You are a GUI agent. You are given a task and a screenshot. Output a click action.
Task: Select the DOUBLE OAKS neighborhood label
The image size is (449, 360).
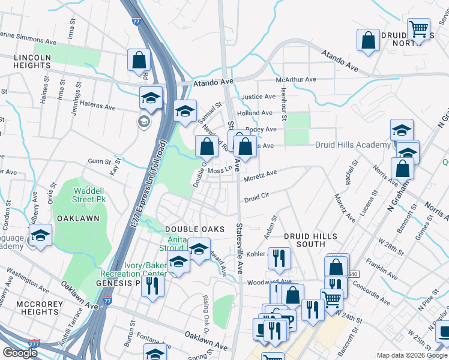click(x=194, y=229)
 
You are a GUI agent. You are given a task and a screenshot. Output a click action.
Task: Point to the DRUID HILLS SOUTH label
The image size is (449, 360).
click(x=310, y=241)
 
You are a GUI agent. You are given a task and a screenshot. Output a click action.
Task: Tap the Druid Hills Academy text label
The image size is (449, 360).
click(x=352, y=145)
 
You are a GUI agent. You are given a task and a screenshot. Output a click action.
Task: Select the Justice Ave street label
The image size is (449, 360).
click(x=258, y=97)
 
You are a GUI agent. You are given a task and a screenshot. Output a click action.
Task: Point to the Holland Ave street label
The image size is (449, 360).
click(x=255, y=113)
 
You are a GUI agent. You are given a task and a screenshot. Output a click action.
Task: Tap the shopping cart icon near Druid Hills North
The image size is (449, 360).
click(x=418, y=28)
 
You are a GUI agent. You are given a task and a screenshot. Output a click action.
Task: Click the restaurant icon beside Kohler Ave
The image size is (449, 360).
click(x=279, y=257)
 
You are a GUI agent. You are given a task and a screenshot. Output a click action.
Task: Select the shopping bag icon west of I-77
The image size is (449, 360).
click(x=139, y=60)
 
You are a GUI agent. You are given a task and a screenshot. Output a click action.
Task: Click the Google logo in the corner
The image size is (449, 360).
click(x=20, y=353)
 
